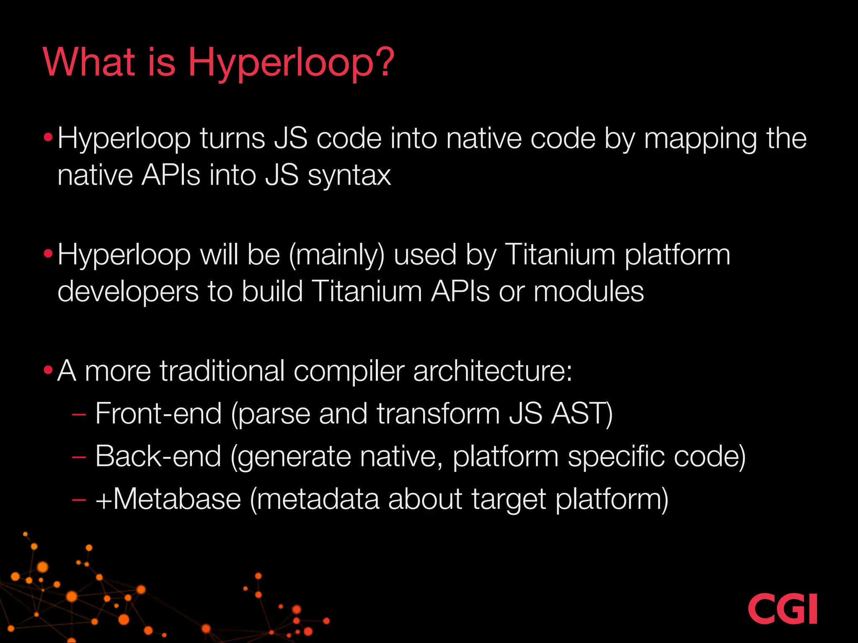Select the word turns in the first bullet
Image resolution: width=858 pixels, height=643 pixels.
(232, 139)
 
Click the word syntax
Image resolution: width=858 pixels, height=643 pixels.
(349, 176)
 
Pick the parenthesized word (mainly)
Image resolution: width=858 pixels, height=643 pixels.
(336, 255)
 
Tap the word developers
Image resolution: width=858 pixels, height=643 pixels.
(128, 292)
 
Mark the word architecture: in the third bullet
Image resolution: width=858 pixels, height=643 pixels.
(493, 371)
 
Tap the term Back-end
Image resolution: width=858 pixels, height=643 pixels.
(158, 456)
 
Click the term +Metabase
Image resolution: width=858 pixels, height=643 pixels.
(168, 499)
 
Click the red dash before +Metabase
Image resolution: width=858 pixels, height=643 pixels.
(79, 500)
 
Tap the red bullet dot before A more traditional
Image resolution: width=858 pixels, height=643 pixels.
(48, 370)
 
